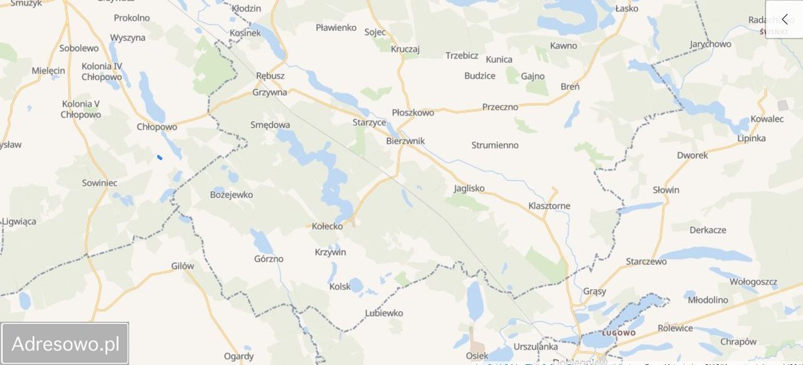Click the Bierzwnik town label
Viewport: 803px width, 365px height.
point(405,141)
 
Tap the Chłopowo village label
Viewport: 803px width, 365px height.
point(157,127)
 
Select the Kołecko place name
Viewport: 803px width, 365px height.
point(327,226)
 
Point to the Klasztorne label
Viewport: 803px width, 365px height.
point(550,206)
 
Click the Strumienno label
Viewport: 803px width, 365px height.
point(495,145)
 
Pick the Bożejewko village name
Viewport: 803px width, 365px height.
point(231,194)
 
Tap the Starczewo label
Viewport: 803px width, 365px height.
point(646,262)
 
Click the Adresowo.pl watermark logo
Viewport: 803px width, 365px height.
point(65,344)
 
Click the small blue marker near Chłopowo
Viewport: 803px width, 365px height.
point(160,157)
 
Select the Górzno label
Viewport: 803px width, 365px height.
point(269,258)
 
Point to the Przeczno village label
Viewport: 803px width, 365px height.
point(500,107)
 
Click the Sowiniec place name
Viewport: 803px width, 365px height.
point(100,182)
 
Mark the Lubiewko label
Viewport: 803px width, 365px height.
point(384,313)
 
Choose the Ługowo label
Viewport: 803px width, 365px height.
point(619,332)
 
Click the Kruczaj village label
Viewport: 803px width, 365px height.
point(405,49)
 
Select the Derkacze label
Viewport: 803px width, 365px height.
point(708,230)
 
